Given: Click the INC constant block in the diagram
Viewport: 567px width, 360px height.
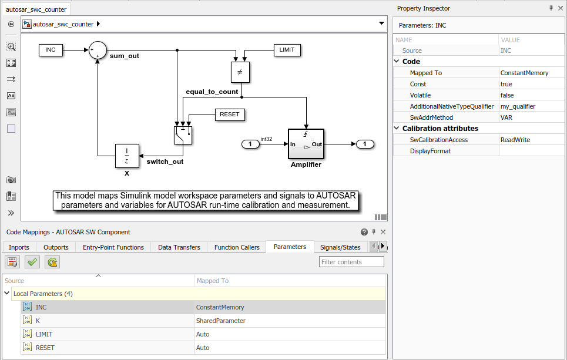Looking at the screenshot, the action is click(51, 50).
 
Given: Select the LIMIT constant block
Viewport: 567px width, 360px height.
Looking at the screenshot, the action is click(287, 50).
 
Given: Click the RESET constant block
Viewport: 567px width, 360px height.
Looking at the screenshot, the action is click(230, 115).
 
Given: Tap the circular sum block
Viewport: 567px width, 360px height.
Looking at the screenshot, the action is click(98, 50).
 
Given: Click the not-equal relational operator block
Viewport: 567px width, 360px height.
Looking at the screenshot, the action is click(240, 72).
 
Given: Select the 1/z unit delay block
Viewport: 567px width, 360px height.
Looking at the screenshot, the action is click(127, 156).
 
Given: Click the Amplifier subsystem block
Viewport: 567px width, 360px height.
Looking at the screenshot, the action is click(306, 144).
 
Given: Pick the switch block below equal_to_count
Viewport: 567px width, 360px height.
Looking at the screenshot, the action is click(183, 135).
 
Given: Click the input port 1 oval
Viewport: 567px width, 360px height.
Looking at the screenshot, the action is click(250, 144).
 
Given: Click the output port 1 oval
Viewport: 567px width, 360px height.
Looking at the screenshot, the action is click(365, 144).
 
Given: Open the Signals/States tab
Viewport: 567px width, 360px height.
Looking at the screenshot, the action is click(340, 247).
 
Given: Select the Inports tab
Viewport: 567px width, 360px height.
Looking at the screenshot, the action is click(19, 247).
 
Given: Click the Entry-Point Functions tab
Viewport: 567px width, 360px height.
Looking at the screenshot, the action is click(113, 247).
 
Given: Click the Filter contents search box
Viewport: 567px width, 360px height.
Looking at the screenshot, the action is click(351, 262).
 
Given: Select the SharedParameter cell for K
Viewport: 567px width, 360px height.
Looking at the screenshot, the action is click(220, 321).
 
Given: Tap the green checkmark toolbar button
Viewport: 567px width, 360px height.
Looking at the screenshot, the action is click(32, 262).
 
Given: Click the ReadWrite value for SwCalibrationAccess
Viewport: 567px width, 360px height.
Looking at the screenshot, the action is click(515, 140).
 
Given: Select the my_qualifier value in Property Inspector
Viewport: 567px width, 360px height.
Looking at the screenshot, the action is click(518, 106).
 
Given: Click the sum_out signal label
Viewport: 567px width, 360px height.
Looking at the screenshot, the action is click(125, 56).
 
